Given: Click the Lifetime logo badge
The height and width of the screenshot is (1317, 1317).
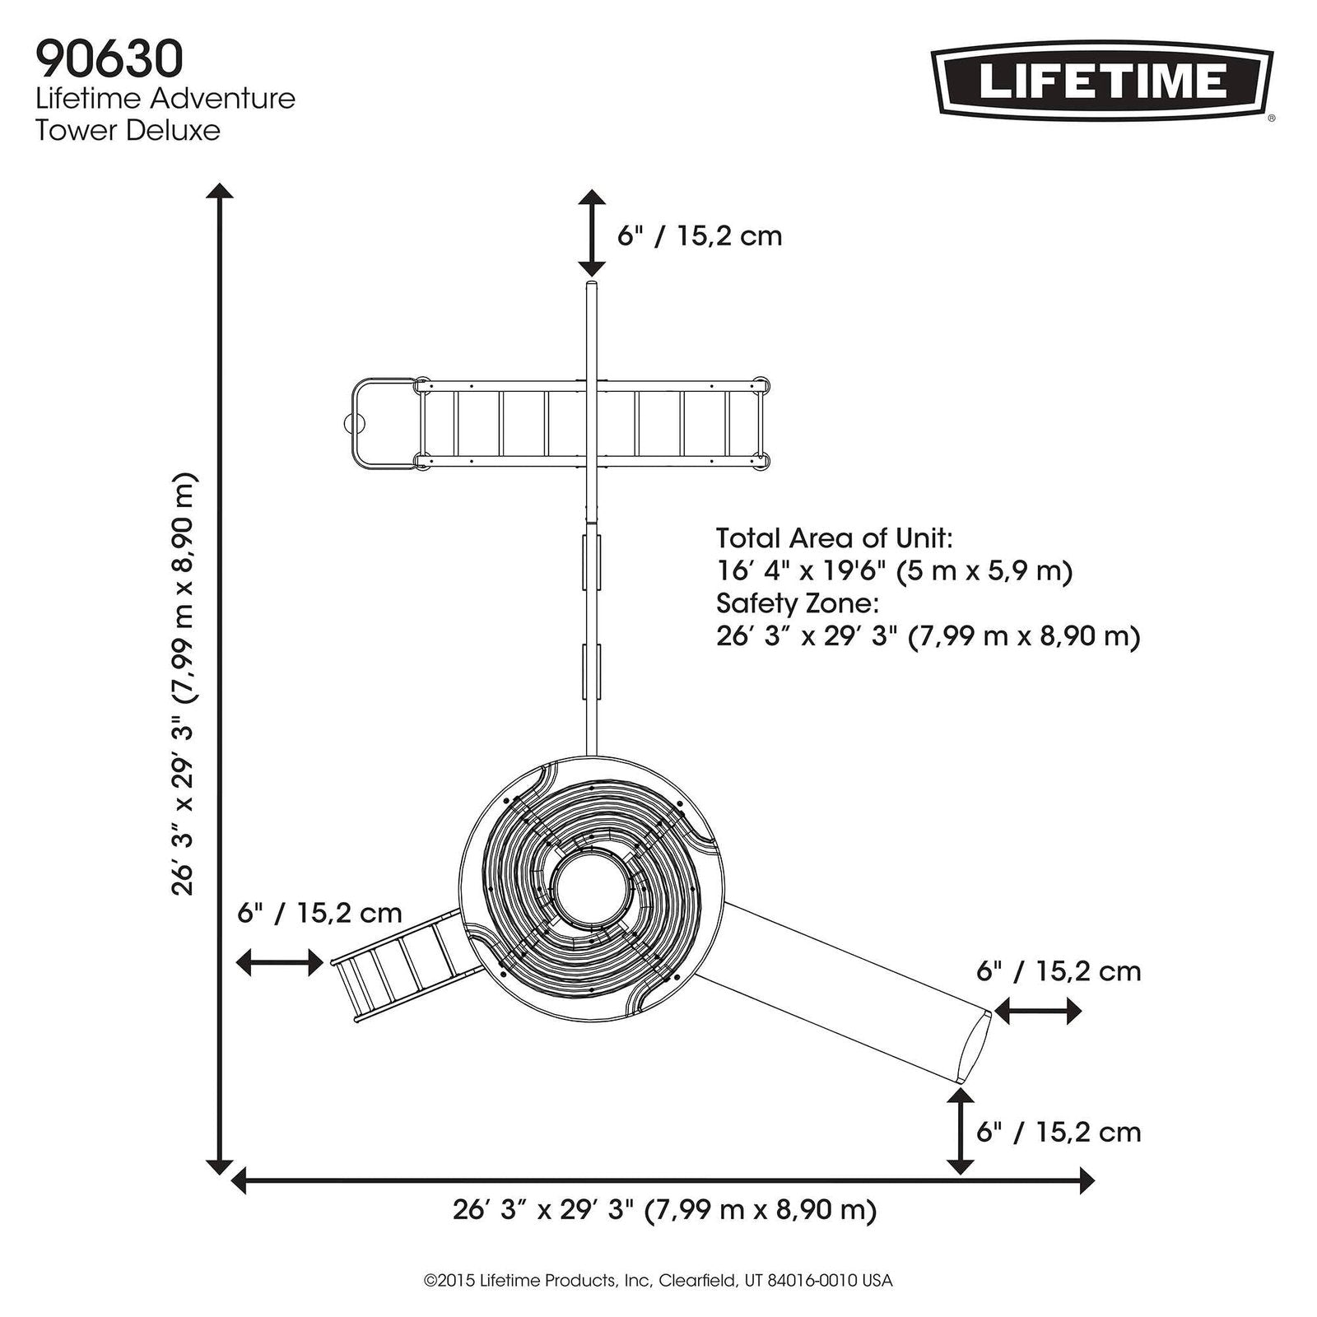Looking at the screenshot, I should pos(1102,81).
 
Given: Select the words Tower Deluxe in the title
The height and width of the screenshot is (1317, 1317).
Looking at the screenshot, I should pos(128,130).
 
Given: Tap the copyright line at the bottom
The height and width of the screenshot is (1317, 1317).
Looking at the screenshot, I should pos(658,1281).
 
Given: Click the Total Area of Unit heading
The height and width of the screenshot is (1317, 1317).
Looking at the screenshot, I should pos(834,538).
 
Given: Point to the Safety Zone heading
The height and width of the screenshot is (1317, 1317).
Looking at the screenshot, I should pos(798,603).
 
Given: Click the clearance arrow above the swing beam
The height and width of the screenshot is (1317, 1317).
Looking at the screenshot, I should pos(592,233).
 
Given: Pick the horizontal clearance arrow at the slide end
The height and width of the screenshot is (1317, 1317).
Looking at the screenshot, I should pos(1037,1010).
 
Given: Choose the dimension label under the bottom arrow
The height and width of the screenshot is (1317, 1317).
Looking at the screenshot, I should pos(664,1211).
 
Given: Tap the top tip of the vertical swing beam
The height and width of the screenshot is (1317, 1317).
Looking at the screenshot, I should pos(592,285).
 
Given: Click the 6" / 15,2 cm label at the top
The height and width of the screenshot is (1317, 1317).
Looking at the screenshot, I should pos(700,236).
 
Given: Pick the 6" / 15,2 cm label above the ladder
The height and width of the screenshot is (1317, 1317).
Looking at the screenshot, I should pos(319,912).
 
